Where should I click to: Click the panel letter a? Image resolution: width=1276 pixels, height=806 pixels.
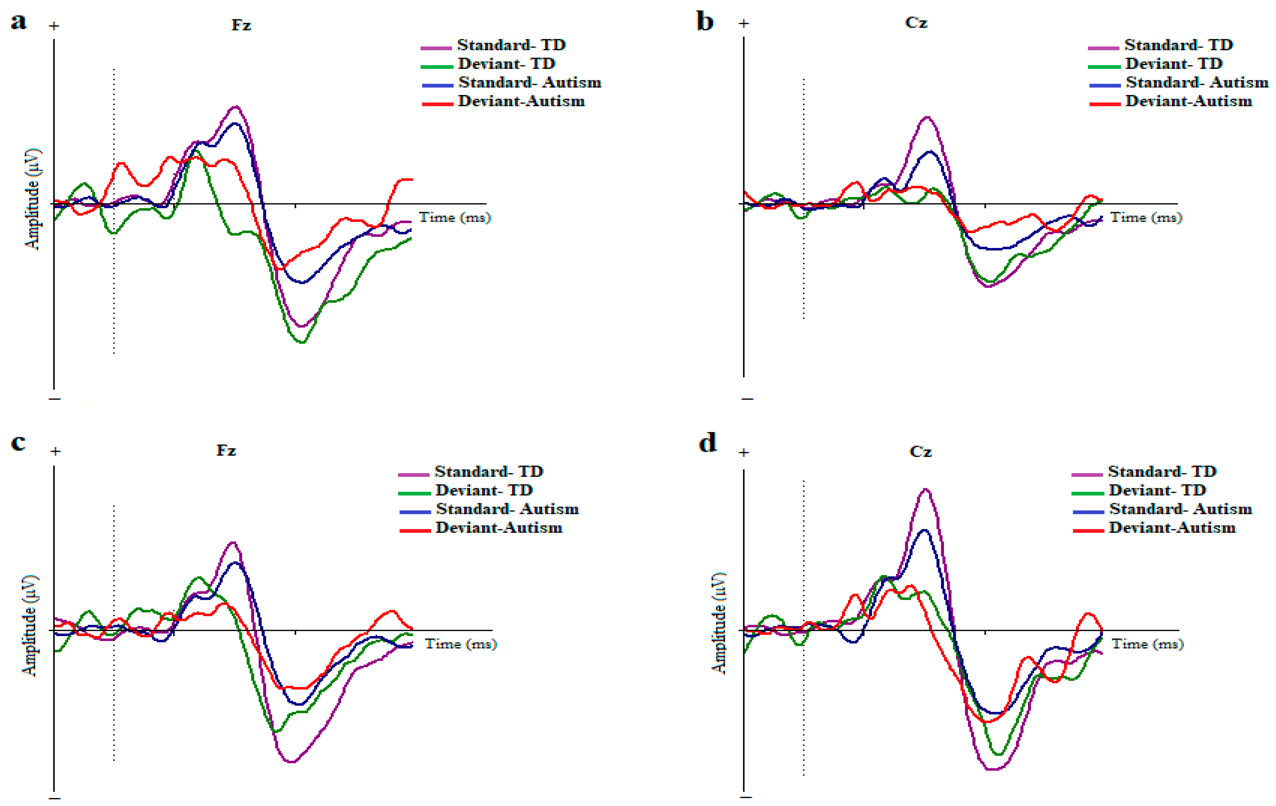pyautogui.click(x=18, y=22)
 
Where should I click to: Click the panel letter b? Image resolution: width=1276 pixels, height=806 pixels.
pyautogui.click(x=705, y=22)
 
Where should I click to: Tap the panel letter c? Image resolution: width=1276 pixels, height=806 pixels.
pyautogui.click(x=18, y=442)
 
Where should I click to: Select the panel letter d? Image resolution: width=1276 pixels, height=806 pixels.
pyautogui.click(x=708, y=442)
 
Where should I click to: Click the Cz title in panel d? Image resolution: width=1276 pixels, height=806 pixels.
pyautogui.click(x=920, y=452)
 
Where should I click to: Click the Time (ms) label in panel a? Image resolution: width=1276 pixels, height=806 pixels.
pyautogui.click(x=455, y=217)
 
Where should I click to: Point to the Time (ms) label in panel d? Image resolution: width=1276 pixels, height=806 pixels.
pyautogui.click(x=1147, y=644)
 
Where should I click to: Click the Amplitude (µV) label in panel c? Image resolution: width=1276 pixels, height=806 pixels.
pyautogui.click(x=30, y=625)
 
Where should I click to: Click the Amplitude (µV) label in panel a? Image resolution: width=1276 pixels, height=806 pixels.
pyautogui.click(x=32, y=199)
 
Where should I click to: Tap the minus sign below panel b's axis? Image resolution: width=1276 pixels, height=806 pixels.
pyautogui.click(x=747, y=398)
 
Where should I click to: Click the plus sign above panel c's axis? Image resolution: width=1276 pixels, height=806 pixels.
pyautogui.click(x=55, y=451)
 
